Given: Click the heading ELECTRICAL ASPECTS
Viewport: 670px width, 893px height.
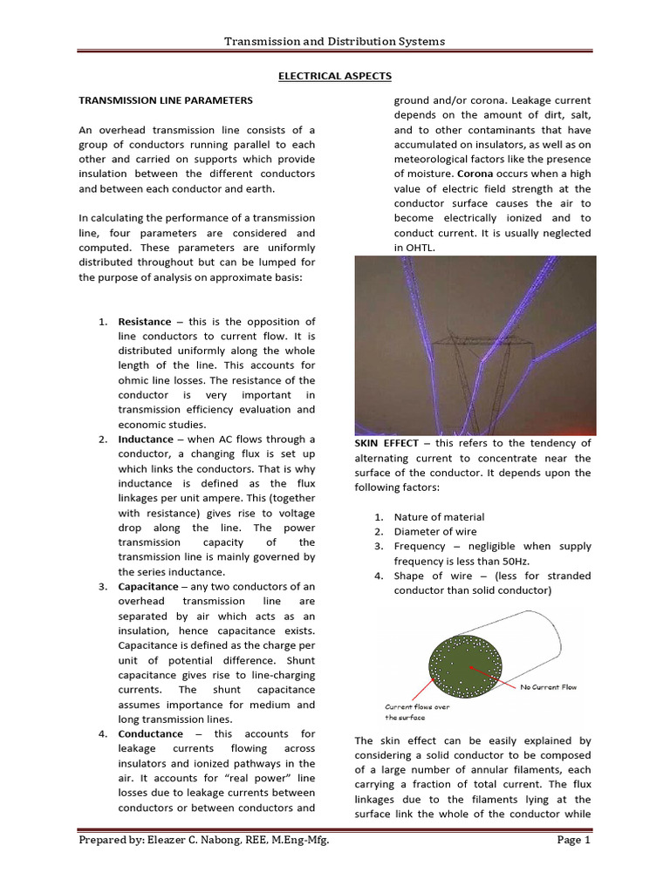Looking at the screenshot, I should coord(335,77).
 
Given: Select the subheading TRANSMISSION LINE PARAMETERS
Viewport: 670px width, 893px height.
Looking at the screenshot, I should coord(166,101).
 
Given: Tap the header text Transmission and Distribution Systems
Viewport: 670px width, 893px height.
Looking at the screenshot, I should coord(335,41).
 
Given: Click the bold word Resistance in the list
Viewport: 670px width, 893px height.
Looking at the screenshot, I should coord(145,322).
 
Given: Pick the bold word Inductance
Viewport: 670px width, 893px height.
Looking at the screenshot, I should coord(146,440).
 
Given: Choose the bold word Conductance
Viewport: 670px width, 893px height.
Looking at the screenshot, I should coord(150,733).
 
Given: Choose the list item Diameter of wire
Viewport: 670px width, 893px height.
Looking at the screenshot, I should coord(434,532).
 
